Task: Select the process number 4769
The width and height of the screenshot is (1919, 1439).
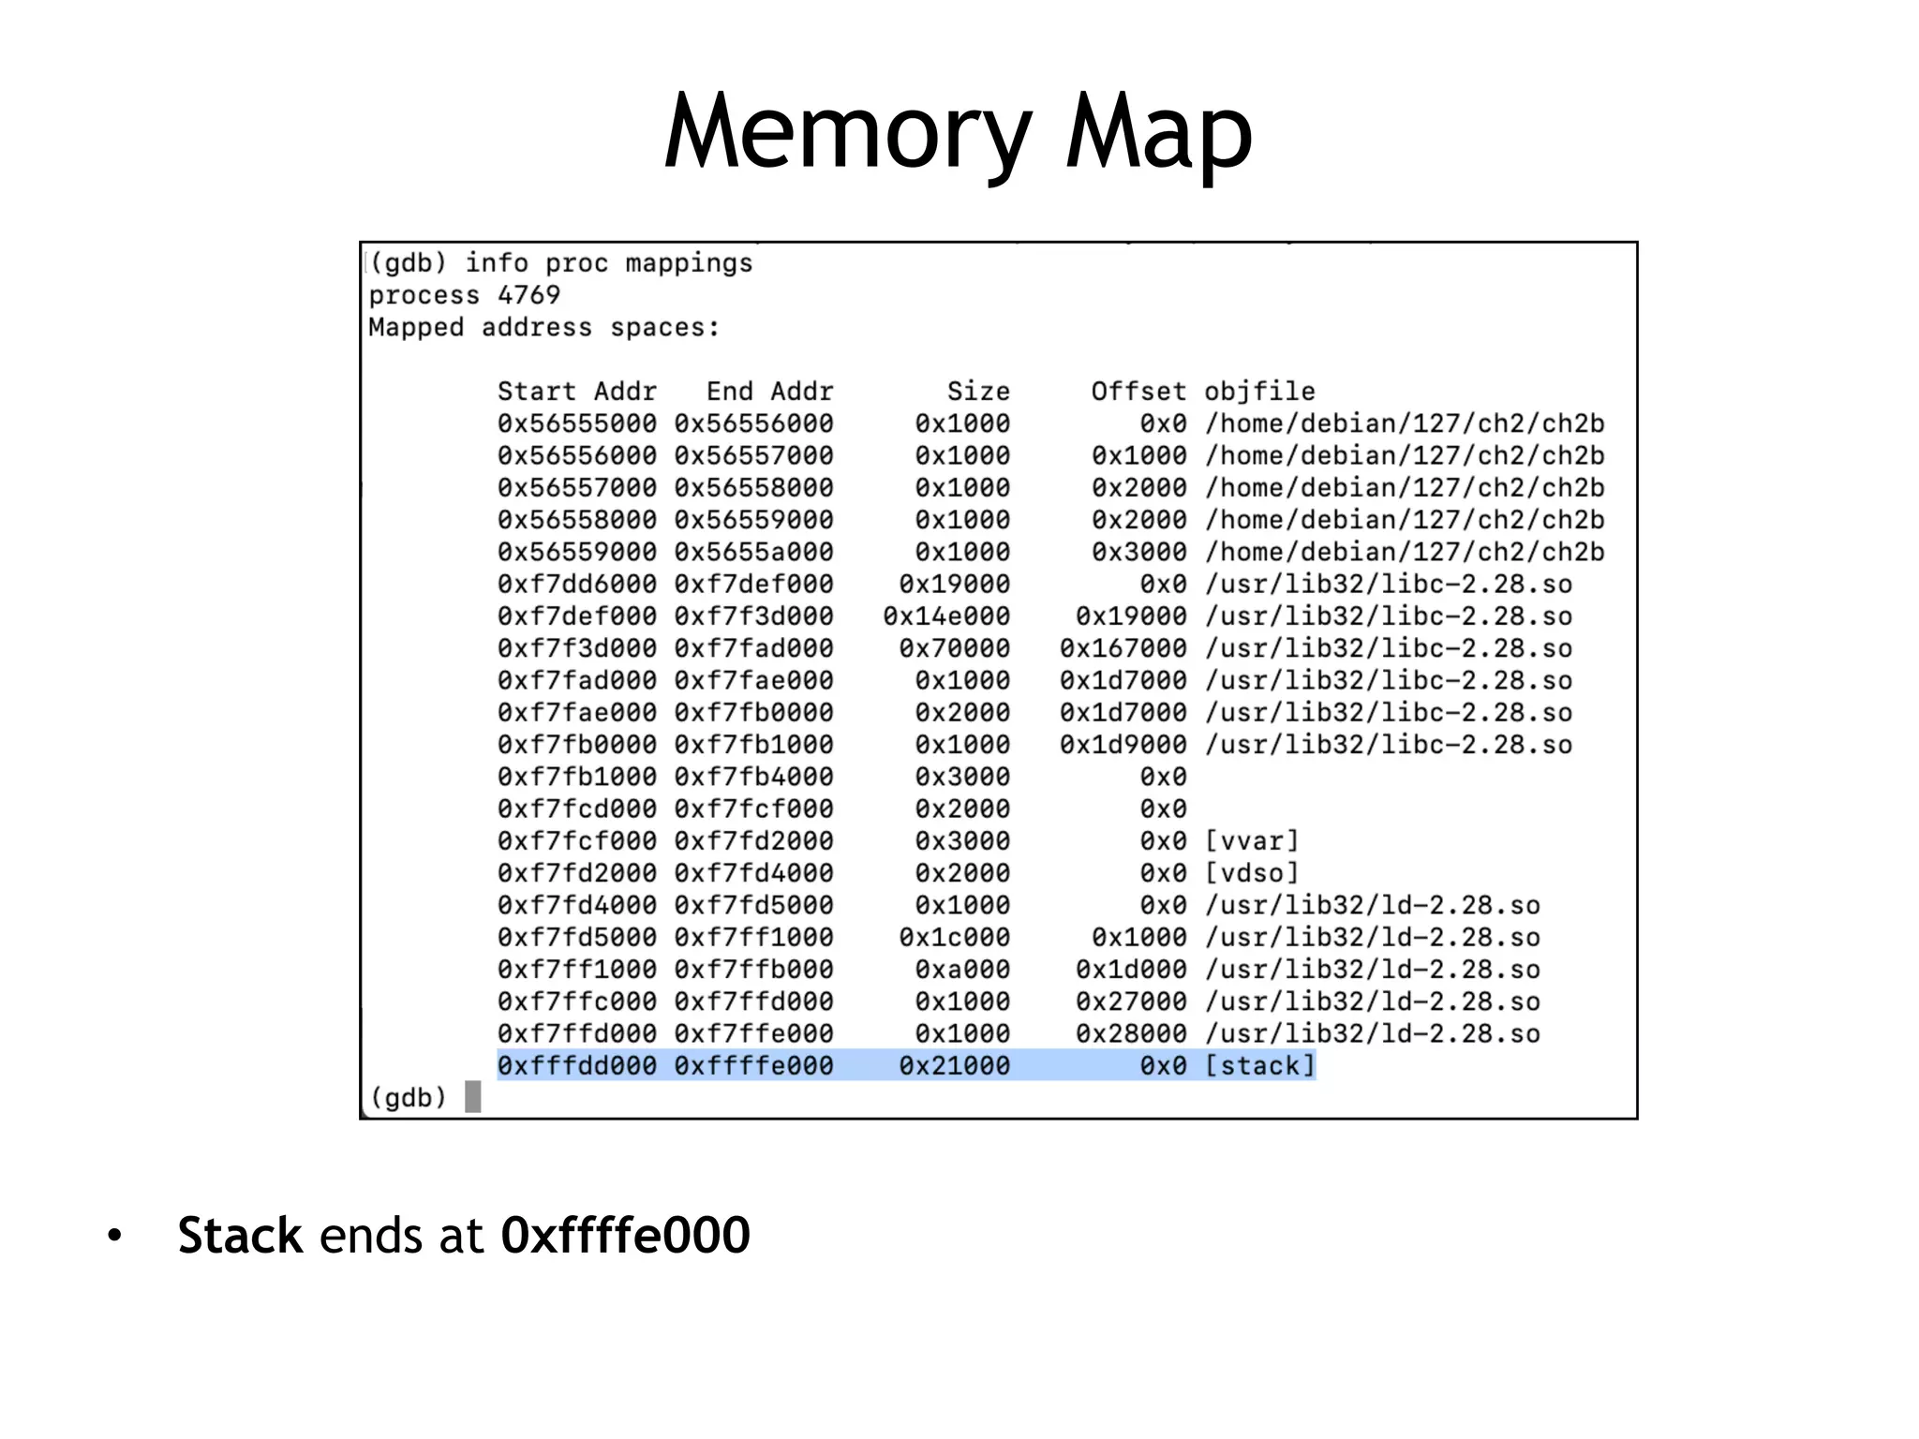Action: (528, 295)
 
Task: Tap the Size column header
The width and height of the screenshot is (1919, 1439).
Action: (977, 392)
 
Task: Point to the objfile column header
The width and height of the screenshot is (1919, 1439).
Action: (1259, 392)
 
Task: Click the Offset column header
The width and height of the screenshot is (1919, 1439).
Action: (1138, 392)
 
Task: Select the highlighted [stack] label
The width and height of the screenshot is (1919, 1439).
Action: (1259, 1066)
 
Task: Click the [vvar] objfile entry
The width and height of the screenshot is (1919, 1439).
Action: (1252, 841)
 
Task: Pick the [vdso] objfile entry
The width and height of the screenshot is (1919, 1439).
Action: (1252, 873)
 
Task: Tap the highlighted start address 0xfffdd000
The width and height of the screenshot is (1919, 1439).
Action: (577, 1066)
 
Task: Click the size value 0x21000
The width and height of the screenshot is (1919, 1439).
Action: (954, 1066)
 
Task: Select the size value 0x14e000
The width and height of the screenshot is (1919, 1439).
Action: (946, 616)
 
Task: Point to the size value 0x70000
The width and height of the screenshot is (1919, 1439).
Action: (954, 648)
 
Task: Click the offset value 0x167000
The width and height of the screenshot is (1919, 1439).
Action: (1123, 648)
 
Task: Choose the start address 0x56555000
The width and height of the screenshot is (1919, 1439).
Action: (577, 423)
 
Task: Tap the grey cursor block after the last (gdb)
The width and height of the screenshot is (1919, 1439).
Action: (473, 1097)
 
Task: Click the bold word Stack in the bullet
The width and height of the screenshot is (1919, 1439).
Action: (240, 1236)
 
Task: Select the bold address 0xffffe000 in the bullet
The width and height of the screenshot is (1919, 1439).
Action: (625, 1236)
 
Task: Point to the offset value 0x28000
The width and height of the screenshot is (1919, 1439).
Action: (1131, 1034)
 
